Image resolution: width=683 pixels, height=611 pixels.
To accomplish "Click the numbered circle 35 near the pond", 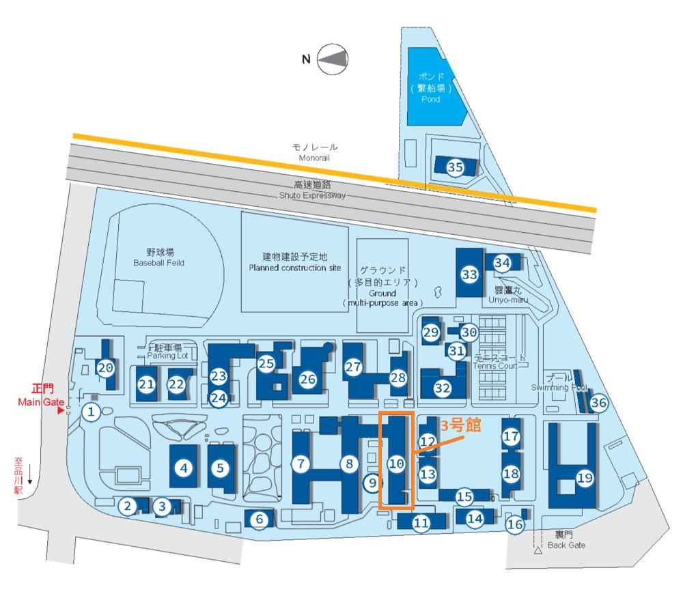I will tap(455, 167).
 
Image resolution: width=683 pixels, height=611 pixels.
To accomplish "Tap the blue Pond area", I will tap(430, 87).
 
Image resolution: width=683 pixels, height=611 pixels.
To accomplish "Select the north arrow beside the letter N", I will tap(332, 59).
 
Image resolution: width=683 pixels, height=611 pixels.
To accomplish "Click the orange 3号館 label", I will tap(460, 425).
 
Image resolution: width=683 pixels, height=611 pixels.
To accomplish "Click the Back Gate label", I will tap(566, 545).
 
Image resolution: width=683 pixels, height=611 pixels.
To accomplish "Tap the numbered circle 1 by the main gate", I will tap(91, 412).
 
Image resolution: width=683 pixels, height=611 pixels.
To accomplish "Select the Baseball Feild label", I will tap(158, 263).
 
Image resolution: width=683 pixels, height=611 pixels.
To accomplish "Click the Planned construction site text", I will tap(294, 268).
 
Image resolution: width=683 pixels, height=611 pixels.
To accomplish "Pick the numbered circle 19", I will tap(585, 478).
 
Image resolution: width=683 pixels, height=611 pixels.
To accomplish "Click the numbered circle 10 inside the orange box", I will tap(396, 464).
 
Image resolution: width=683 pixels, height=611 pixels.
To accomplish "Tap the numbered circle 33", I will tap(469, 275).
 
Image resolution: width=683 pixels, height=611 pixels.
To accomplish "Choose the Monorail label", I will tap(314, 158).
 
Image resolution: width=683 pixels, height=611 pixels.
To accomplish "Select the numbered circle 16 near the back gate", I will tap(515, 524).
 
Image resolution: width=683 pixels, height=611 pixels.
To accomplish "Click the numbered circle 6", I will tap(259, 520).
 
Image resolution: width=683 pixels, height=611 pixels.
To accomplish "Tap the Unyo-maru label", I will tap(507, 299).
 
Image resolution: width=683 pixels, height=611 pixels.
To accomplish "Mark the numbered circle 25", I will tap(266, 364).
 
